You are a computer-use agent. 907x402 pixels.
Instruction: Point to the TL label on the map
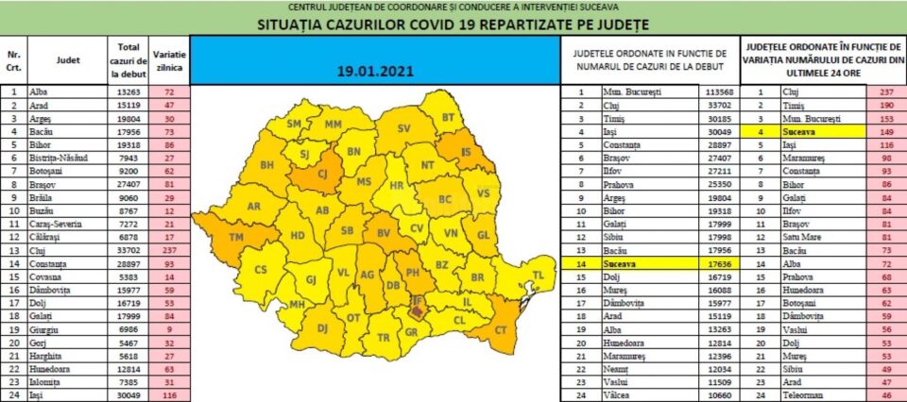coord(539,275)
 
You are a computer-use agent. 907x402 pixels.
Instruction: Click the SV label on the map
coord(404,128)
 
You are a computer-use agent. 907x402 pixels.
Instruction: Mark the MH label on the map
coord(297,304)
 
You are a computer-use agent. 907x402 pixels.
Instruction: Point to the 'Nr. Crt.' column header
coord(13,59)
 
